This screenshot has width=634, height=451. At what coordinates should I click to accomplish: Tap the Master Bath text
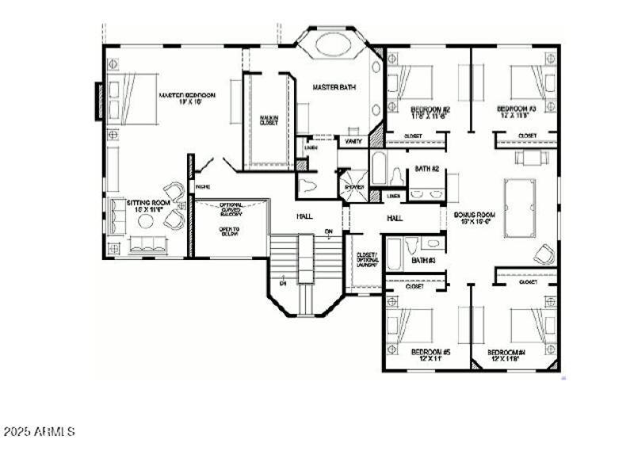pos(332,87)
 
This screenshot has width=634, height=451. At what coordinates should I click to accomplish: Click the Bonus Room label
pos(475,218)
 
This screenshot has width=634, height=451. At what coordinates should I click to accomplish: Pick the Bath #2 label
pos(427,169)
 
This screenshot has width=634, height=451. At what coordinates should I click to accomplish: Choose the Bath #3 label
pos(422,260)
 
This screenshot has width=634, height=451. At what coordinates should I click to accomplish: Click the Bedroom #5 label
pos(430,354)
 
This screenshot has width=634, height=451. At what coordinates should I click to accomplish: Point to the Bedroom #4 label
pos(507,354)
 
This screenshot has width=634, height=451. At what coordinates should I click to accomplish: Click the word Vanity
pos(353,141)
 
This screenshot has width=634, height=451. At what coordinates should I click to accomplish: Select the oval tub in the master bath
pos(339,43)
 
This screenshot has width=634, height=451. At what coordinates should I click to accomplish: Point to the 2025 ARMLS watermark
pos(39,432)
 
